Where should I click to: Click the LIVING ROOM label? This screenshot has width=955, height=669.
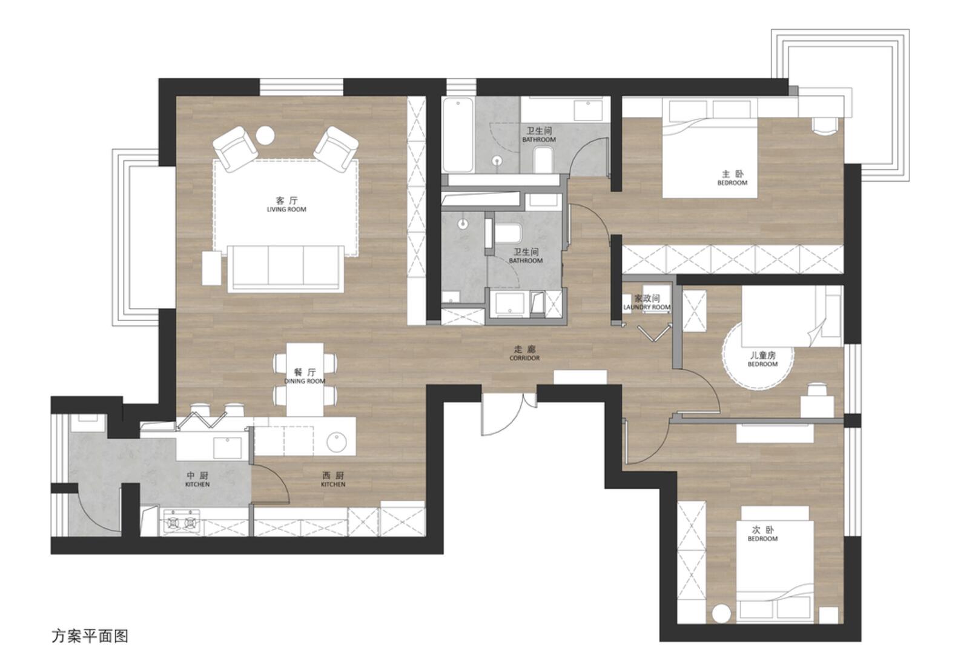click(x=286, y=210)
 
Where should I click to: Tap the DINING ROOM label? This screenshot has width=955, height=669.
click(x=305, y=381)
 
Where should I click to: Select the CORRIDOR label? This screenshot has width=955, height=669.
click(x=524, y=358)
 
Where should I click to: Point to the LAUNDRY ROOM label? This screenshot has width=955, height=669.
click(x=647, y=307)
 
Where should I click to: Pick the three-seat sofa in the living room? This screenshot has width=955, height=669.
click(x=285, y=269)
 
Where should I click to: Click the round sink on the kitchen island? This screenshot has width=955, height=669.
click(x=337, y=442)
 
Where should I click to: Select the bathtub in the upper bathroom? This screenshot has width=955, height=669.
click(x=457, y=135)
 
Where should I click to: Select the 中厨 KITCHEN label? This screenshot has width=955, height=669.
click(x=197, y=479)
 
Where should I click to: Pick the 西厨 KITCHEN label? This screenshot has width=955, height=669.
click(x=333, y=479)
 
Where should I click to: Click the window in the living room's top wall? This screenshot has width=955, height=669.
click(x=302, y=87)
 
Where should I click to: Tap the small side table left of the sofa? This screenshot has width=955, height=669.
click(x=211, y=268)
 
